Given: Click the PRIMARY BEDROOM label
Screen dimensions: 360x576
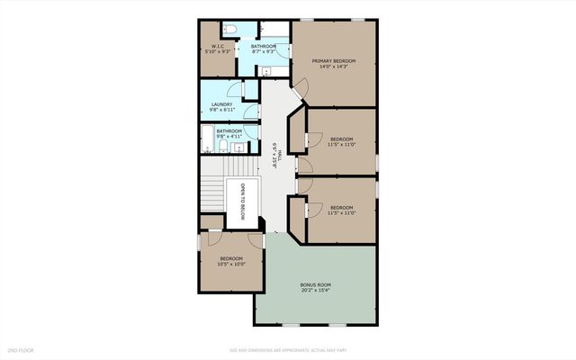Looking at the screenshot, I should [x=334, y=60].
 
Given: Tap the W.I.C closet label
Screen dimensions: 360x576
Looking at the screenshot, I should [x=218, y=47].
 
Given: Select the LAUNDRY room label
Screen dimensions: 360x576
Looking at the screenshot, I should [x=221, y=104].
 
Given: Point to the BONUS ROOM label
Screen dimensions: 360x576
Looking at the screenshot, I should [x=315, y=284].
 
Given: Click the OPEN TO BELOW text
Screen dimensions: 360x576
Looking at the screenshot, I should [x=242, y=202].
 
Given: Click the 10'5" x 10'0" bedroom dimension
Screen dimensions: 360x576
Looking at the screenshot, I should [x=231, y=265].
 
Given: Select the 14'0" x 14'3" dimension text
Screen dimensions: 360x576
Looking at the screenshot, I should [x=334, y=67].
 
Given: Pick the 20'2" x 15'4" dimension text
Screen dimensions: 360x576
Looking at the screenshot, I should [x=315, y=291].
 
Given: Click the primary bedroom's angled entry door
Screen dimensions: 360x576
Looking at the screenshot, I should [x=300, y=87].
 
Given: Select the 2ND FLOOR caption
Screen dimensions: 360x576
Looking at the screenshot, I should [x=20, y=349].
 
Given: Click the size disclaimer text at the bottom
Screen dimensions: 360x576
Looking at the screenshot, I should [x=288, y=349].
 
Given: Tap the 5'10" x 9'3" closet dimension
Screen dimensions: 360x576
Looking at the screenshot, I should [x=218, y=52].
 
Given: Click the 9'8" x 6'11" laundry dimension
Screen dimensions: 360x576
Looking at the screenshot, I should [x=221, y=111].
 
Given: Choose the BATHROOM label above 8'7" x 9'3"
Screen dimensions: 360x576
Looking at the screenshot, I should [x=264, y=46].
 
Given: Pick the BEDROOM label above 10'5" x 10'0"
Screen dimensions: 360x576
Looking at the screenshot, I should [x=231, y=258].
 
